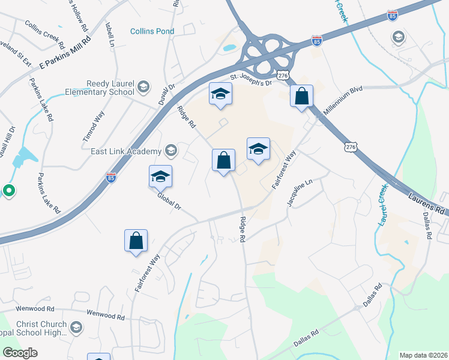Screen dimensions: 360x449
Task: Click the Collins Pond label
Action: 152,31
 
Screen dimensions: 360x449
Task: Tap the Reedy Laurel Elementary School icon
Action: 143,87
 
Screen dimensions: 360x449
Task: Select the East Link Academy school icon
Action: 171,151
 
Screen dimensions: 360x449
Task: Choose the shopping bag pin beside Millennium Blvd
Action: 301,96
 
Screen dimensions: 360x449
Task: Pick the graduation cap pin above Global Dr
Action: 160,176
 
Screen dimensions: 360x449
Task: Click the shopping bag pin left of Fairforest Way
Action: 136,241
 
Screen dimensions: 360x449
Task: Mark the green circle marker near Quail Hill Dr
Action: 8,191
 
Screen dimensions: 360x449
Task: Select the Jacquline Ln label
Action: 300,193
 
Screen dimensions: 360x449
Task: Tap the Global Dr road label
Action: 169,202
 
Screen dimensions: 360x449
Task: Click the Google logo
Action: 20,353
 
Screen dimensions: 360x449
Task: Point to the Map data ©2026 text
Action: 423,355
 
